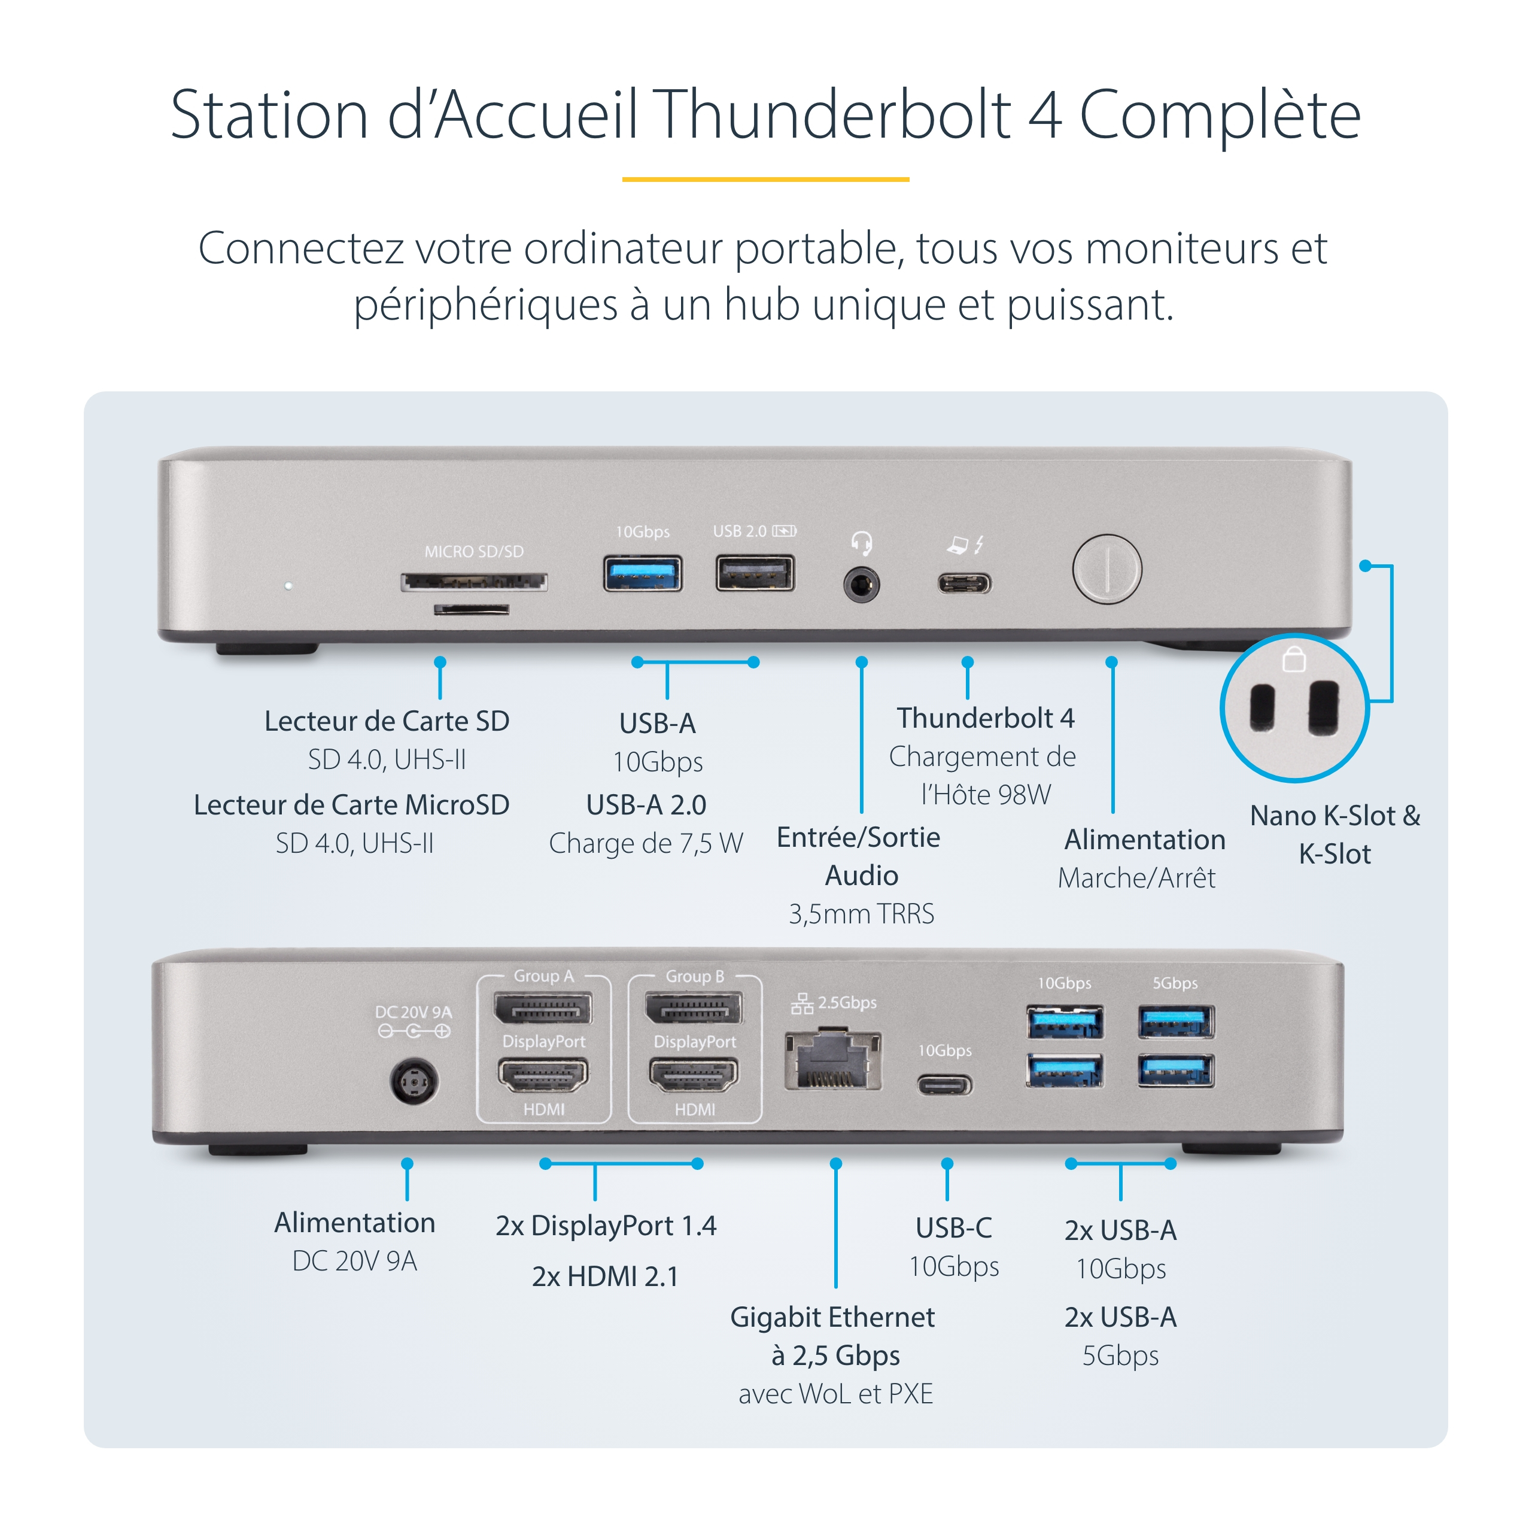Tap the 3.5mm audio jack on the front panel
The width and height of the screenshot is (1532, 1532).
pos(861,586)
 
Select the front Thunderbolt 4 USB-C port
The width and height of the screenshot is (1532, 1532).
pos(963,585)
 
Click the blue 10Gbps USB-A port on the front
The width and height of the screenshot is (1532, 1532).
pos(642,574)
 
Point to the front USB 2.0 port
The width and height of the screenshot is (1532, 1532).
pos(754,574)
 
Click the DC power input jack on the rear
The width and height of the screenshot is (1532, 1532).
pos(413,1081)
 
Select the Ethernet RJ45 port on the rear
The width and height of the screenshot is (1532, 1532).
pos(832,1060)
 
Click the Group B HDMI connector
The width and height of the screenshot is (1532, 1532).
pos(694,1076)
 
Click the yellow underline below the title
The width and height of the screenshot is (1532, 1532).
pos(765,179)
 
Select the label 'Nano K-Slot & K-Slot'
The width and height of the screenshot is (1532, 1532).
pos(1335,834)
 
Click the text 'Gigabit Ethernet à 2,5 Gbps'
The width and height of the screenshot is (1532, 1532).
pos(832,1336)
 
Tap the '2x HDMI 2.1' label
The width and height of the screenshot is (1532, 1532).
pos(605,1276)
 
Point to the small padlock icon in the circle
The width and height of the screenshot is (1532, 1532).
pos(1293,659)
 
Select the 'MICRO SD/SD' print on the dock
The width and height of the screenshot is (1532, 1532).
pos(473,552)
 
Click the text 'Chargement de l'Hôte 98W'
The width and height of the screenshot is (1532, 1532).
pos(983,776)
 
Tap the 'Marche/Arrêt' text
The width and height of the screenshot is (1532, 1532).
pos(1136,878)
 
